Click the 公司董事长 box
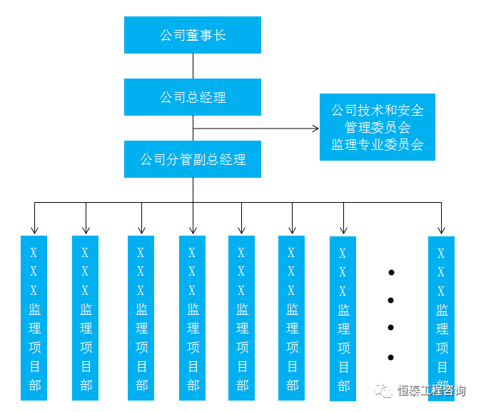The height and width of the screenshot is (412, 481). (x=193, y=35)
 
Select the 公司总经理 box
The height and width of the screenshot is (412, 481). (x=193, y=97)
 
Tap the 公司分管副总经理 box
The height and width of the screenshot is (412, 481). (x=193, y=159)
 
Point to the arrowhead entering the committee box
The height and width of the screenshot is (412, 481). (x=315, y=129)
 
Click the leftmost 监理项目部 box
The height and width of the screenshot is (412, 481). (x=34, y=317)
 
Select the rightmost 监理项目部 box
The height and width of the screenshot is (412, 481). (x=441, y=318)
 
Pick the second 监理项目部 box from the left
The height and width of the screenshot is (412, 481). (x=85, y=317)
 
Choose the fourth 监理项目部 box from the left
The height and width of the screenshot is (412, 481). (x=192, y=317)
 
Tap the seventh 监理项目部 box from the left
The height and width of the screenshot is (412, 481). (x=343, y=318)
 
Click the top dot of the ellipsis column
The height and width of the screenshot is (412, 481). (x=390, y=272)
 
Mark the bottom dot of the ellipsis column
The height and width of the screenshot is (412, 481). (x=390, y=356)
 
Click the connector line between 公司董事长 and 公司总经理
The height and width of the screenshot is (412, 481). (x=193, y=66)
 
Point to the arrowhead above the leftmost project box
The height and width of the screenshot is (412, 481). (x=34, y=230)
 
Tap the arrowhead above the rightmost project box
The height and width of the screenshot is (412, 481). (x=441, y=230)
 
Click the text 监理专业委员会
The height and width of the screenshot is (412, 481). (x=377, y=144)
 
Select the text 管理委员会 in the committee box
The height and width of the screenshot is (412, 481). (x=377, y=127)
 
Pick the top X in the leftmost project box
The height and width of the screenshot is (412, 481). (x=34, y=253)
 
